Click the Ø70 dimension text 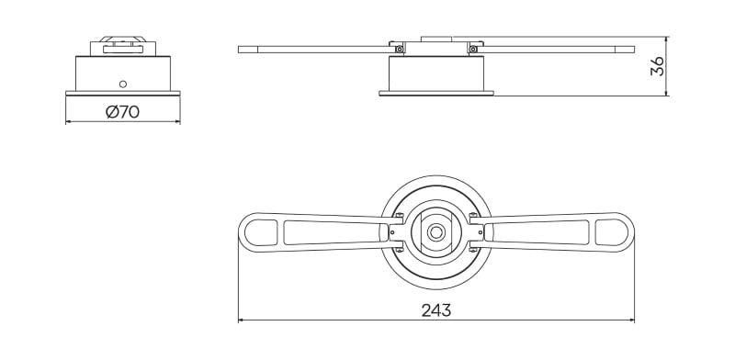122,112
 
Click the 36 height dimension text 657,66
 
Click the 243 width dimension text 435,309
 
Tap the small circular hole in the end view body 122,82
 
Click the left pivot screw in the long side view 399,50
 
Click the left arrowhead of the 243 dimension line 242,320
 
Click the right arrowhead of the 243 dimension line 631,320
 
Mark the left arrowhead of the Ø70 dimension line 69,122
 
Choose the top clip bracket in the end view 122,46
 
